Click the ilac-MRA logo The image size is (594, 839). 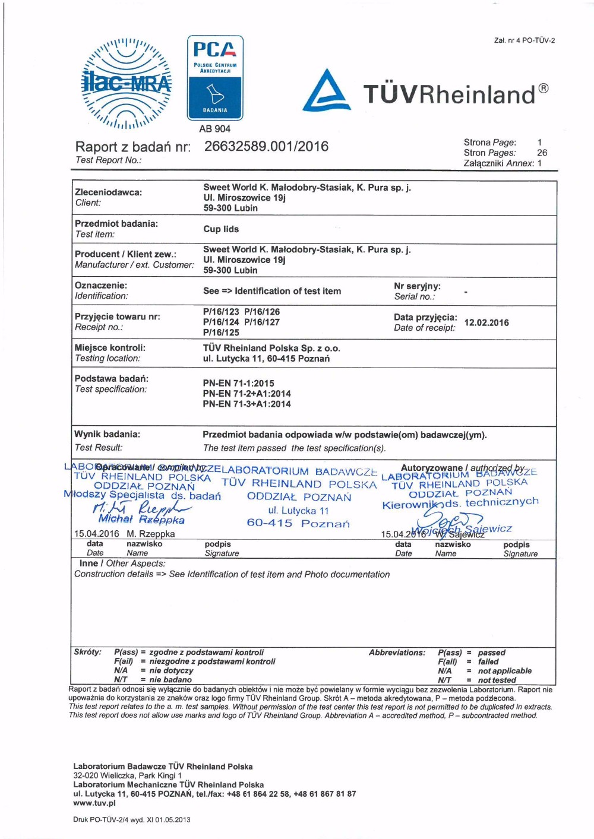click(126, 84)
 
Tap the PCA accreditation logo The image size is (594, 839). click(215, 77)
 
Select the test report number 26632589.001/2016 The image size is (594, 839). click(266, 147)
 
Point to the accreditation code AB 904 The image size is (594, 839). click(215, 129)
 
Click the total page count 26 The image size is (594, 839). click(542, 153)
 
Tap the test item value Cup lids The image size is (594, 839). click(221, 229)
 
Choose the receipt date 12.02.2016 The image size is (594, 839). click(486, 322)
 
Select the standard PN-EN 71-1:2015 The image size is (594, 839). click(238, 383)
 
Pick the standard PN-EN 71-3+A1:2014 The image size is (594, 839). click(247, 404)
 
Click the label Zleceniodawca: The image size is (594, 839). click(108, 192)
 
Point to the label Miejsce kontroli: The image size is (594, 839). click(110, 348)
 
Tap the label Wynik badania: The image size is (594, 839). click(107, 434)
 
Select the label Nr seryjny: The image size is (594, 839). click(417, 286)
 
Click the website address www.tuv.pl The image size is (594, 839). click(94, 803)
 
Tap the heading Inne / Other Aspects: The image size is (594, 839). click(122, 563)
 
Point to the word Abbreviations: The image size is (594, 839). click(397, 653)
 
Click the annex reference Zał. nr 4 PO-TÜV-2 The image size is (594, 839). click(524, 40)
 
